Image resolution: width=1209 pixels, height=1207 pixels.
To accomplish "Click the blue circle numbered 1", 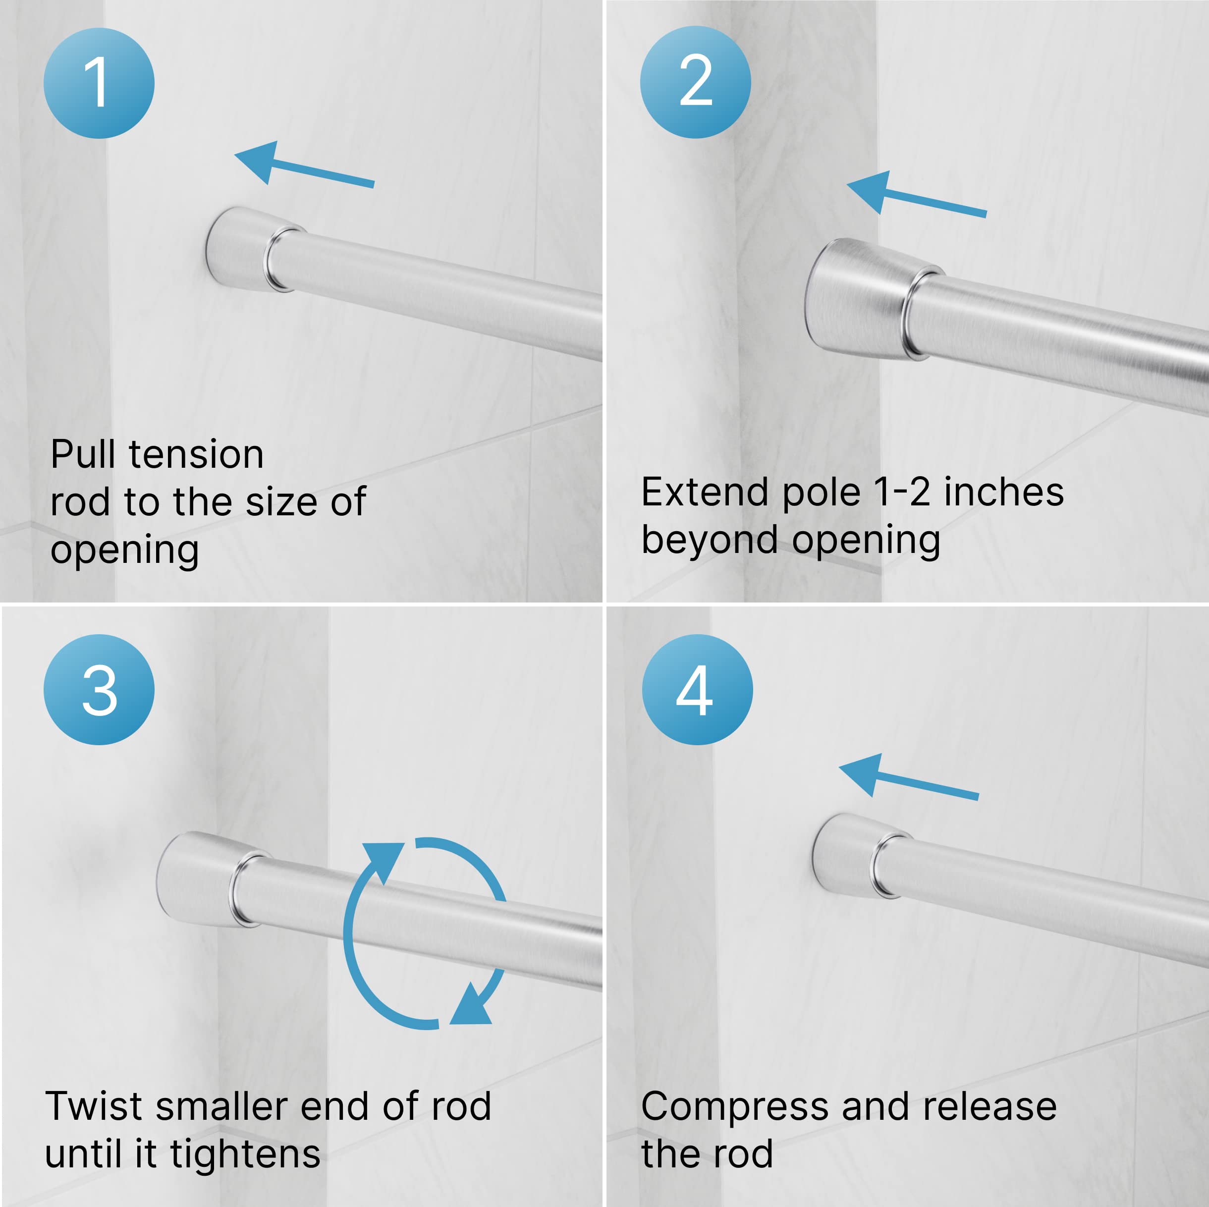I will click(99, 83).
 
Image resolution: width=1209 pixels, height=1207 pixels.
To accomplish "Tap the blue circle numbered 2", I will click(695, 82).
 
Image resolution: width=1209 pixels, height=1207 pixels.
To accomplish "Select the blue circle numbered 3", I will click(99, 690).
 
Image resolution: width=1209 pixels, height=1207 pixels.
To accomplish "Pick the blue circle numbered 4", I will click(697, 690).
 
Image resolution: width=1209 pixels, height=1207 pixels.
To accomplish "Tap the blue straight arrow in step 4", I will click(909, 777).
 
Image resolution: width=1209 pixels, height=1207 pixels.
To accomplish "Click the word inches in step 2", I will click(1004, 493).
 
